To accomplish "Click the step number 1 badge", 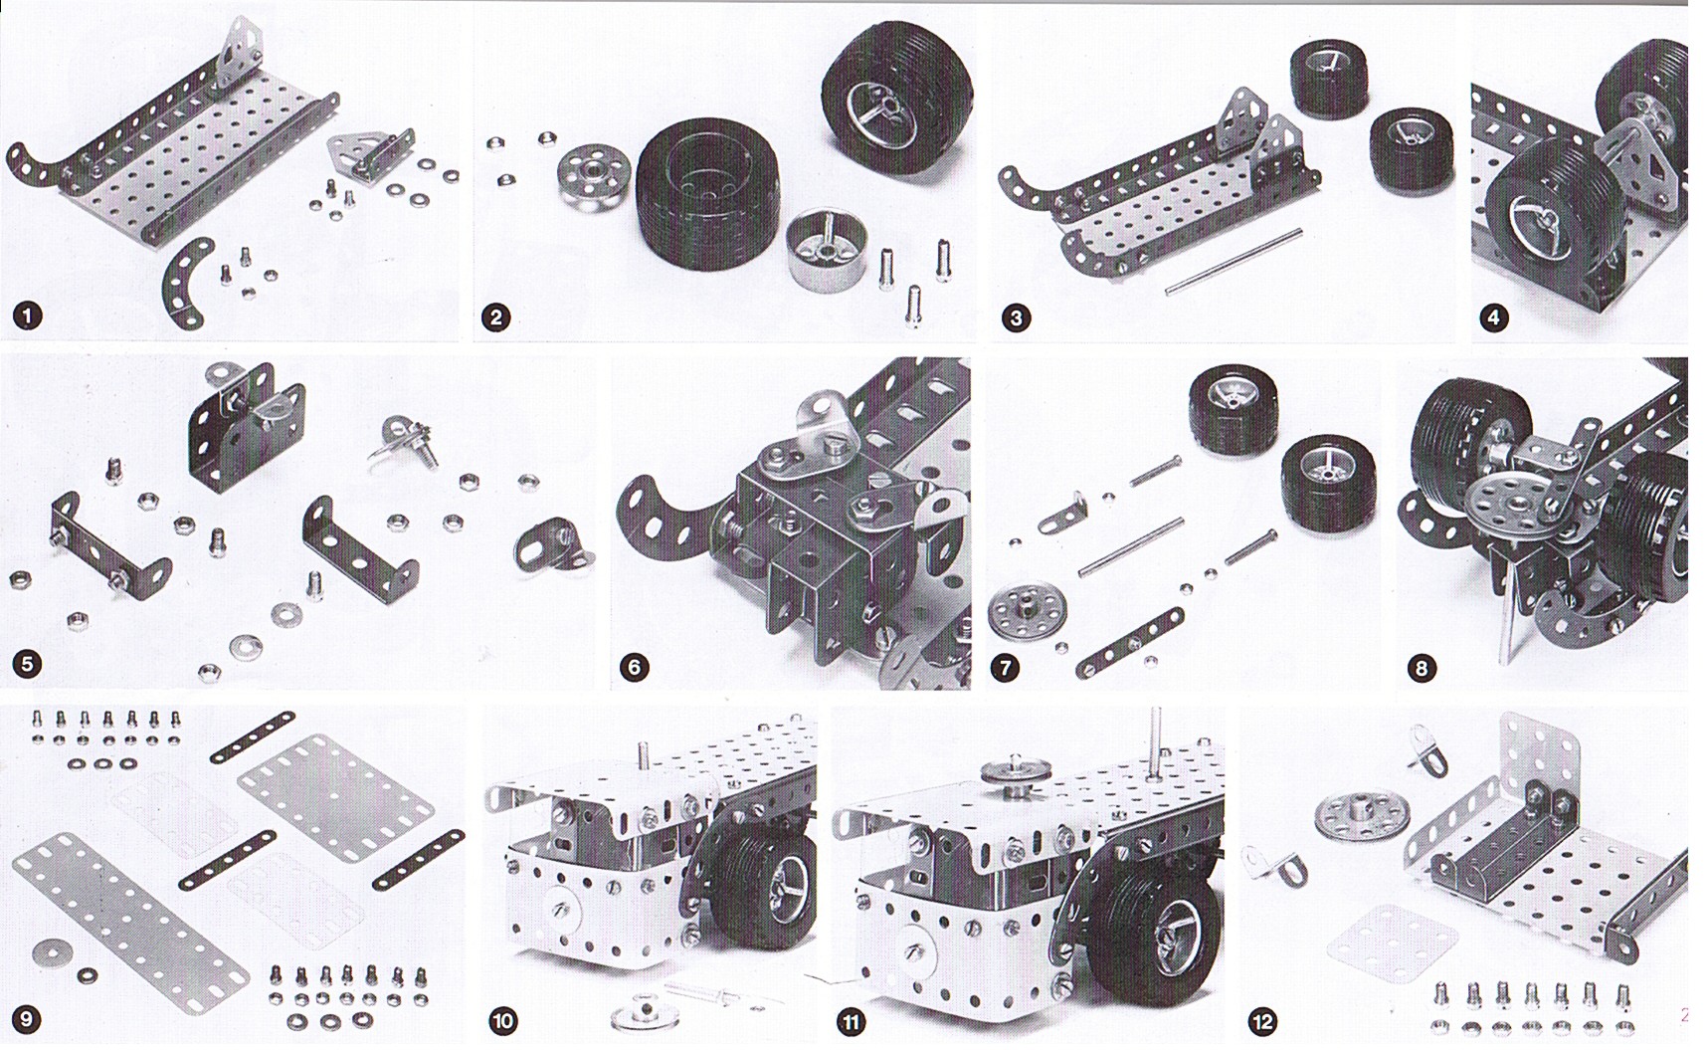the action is coord(28,316).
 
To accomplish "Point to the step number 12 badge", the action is coord(1263,1021).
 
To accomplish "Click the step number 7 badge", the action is coord(1007,667).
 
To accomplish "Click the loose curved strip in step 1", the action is coord(189,284).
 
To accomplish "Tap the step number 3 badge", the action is coord(1016,318).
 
